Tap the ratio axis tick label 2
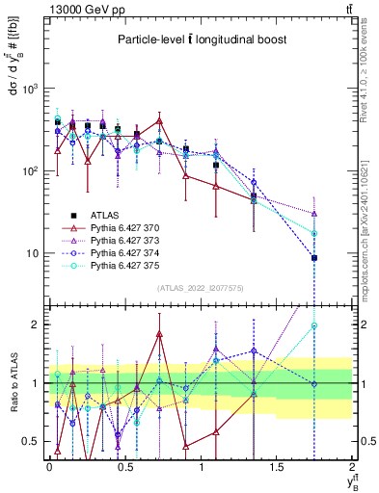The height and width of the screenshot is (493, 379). pos(37,324)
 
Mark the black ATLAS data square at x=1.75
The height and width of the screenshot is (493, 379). pos(314,258)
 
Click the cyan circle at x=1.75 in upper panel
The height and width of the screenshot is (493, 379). pos(314,233)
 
